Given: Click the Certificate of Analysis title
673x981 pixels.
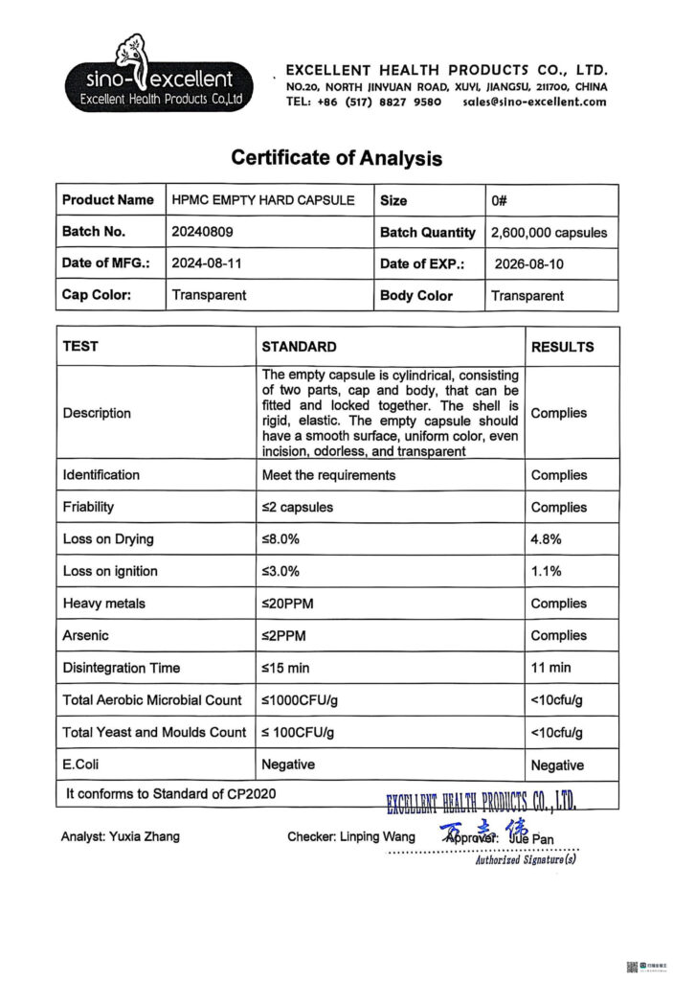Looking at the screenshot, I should [x=336, y=158].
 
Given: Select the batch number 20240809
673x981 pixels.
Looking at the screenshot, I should [x=202, y=232].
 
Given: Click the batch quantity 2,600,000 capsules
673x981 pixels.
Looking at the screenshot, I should [x=549, y=232].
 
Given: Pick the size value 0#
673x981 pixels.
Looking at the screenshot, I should [x=499, y=200].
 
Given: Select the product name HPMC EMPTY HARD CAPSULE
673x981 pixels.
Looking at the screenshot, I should [x=263, y=200].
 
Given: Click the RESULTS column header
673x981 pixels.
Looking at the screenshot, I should [x=562, y=347].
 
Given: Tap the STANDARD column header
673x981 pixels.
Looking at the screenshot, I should [x=299, y=347].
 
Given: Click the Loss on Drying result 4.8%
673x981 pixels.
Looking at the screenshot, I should [x=546, y=539].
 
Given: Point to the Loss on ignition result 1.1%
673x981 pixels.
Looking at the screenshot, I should [x=546, y=571].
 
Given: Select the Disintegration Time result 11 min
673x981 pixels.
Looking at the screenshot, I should [x=550, y=668].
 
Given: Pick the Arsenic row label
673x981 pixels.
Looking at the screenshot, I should [x=85, y=635].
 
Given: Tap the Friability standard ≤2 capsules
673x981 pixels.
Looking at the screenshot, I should [x=298, y=507].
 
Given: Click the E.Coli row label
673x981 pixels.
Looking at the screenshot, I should [x=80, y=764].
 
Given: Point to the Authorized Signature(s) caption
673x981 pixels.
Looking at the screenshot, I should [x=526, y=860].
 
